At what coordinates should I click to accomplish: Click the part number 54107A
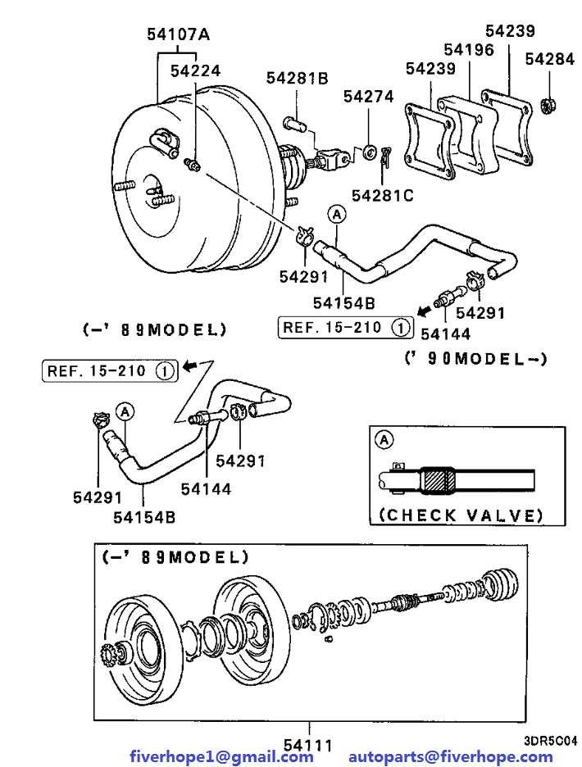(179, 34)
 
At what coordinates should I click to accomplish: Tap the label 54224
(195, 71)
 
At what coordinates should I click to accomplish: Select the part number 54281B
(297, 79)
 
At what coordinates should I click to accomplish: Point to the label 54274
(369, 96)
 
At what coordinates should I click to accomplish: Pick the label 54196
(469, 50)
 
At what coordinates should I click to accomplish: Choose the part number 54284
(550, 59)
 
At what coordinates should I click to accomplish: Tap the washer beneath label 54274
(369, 152)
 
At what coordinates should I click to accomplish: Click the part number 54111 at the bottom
(308, 746)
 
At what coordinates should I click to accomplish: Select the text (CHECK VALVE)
(461, 515)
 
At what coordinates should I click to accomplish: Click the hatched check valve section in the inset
(439, 480)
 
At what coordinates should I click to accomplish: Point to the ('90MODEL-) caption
(475, 359)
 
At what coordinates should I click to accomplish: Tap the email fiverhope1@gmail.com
(221, 756)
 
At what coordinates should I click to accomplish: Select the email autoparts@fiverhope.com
(450, 756)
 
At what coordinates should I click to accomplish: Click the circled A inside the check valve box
(383, 440)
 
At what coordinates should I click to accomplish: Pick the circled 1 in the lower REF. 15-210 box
(164, 371)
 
